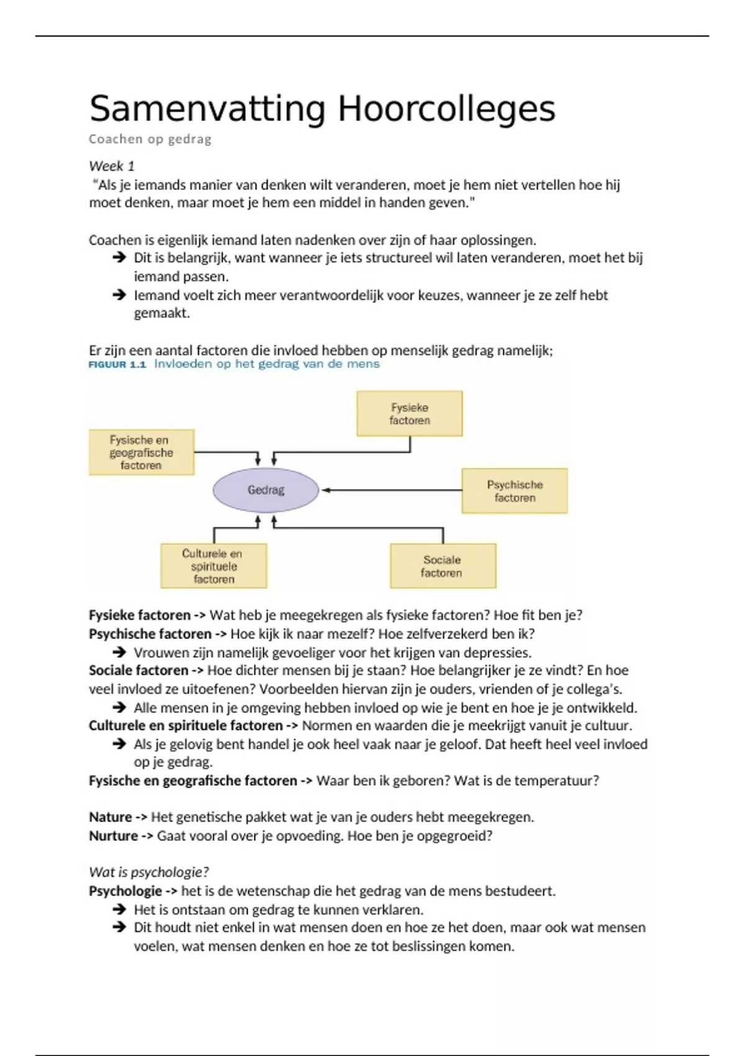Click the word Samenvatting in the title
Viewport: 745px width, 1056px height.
click(x=207, y=109)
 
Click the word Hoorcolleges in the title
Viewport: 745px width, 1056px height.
click(x=446, y=109)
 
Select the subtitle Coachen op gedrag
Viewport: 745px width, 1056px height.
click(x=150, y=139)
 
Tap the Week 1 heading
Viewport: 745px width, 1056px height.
click(x=112, y=166)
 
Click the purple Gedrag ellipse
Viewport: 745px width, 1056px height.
click(x=266, y=490)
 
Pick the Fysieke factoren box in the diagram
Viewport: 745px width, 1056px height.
click(x=409, y=414)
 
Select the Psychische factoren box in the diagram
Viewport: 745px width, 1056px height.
click(x=515, y=491)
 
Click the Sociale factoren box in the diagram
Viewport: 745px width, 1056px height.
click(x=443, y=566)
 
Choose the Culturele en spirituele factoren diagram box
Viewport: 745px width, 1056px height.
click(x=214, y=566)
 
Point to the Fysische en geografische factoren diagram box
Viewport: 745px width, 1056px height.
click(x=141, y=452)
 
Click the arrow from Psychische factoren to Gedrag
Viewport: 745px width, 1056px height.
click(x=391, y=490)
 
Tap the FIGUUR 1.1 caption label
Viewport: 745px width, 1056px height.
click(x=117, y=365)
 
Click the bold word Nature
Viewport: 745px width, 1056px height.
click(x=111, y=817)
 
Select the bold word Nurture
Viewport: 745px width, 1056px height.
click(x=114, y=835)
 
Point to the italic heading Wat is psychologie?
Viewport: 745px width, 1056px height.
click(x=149, y=872)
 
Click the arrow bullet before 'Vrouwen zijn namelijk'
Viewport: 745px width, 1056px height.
click(x=119, y=652)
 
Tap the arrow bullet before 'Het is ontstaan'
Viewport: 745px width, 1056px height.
click(x=119, y=909)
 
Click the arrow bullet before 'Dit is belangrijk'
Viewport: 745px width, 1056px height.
click(x=119, y=257)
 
